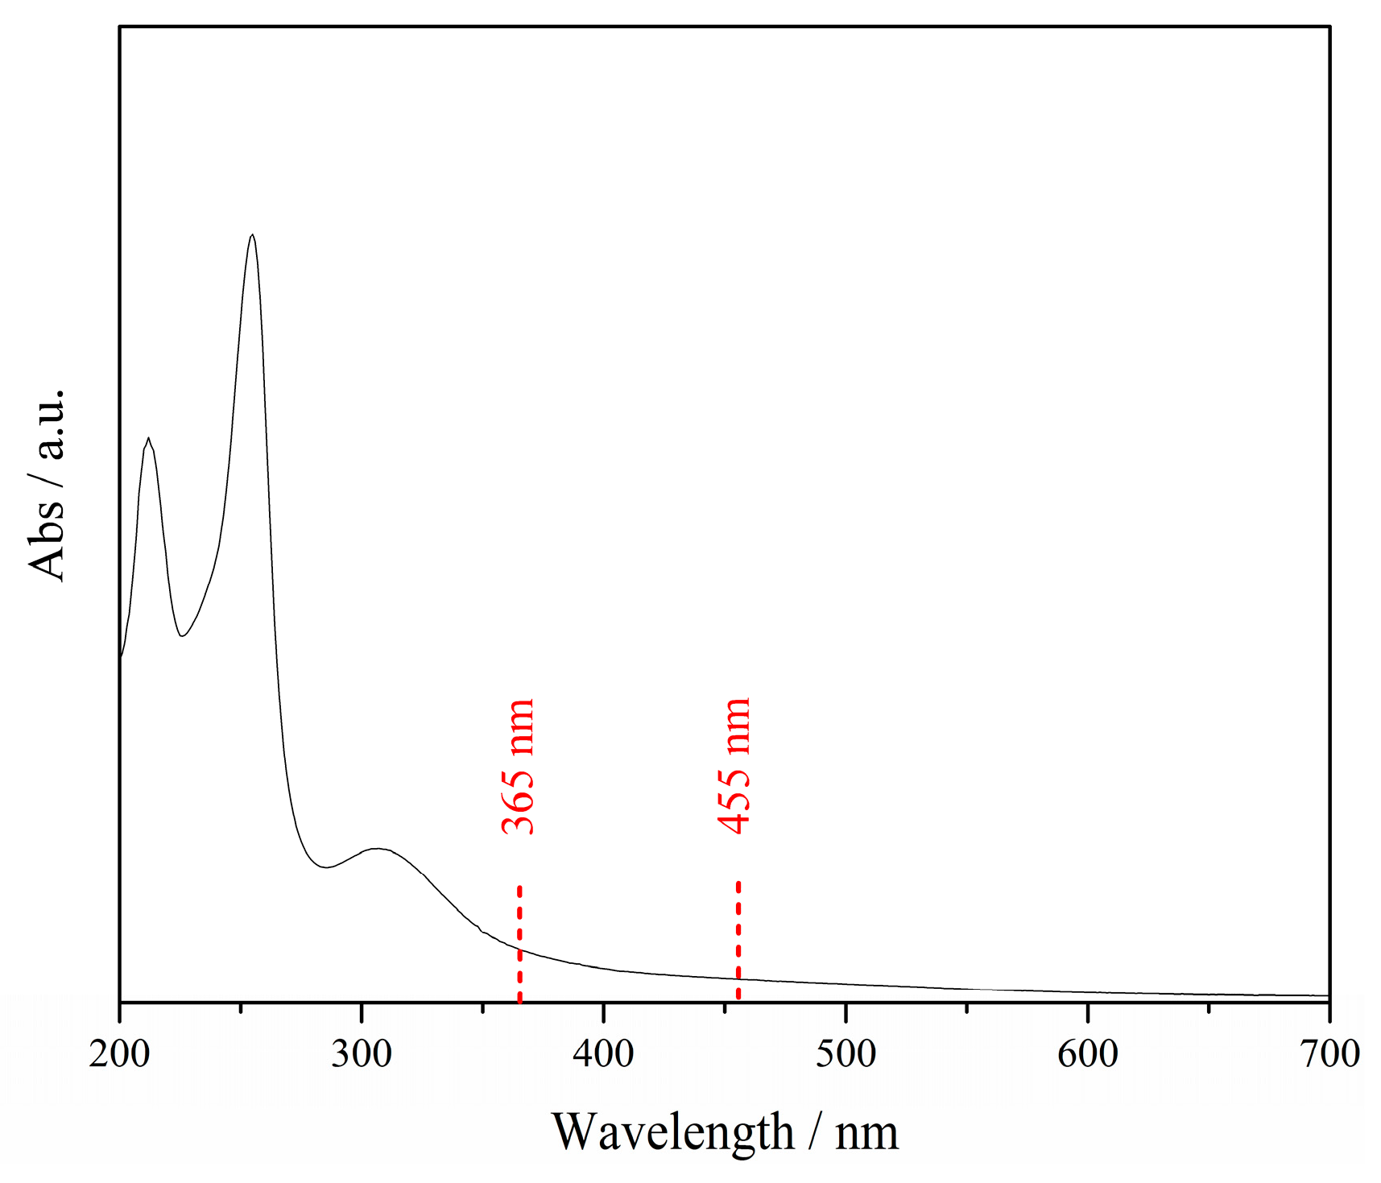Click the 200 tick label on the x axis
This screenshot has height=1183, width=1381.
pyautogui.click(x=120, y=1054)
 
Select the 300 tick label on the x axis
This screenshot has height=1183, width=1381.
pyautogui.click(x=362, y=1054)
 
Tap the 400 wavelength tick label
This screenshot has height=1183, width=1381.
pyautogui.click(x=604, y=1054)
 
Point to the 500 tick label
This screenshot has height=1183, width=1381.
pyautogui.click(x=846, y=1054)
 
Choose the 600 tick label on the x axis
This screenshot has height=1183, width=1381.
pyautogui.click(x=1088, y=1054)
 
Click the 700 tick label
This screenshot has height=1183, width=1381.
pyautogui.click(x=1329, y=1054)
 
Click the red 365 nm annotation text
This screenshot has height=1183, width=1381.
pyautogui.click(x=518, y=766)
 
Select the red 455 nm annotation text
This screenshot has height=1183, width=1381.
pyautogui.click(x=734, y=766)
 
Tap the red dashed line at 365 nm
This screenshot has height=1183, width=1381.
pyautogui.click(x=520, y=942)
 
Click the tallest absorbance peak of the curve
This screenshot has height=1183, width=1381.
pyautogui.click(x=253, y=235)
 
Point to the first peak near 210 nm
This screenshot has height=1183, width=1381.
pyautogui.click(x=148, y=439)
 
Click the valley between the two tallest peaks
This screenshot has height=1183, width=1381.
pyautogui.click(x=183, y=636)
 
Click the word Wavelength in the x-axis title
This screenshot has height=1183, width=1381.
pyautogui.click(x=672, y=1131)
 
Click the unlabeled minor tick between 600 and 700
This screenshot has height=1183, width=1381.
pyautogui.click(x=1209, y=1007)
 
